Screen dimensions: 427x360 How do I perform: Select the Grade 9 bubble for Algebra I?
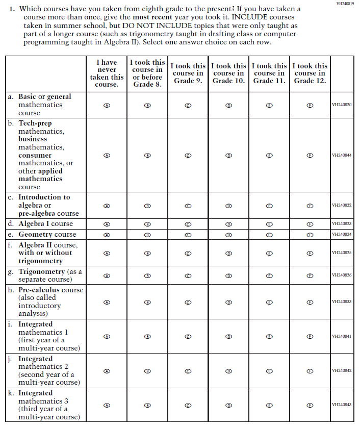point(188,224)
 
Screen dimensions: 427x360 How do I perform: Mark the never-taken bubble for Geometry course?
point(107,235)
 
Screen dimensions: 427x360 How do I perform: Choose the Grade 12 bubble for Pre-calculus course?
point(310,302)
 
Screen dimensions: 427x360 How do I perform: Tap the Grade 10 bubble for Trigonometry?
point(229,275)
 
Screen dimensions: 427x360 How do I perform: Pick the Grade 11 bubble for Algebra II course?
point(270,253)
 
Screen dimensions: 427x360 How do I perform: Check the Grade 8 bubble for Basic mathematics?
point(147,105)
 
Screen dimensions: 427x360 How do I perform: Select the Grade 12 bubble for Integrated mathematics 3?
point(310,405)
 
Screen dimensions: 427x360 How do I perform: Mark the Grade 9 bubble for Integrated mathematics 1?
point(188,337)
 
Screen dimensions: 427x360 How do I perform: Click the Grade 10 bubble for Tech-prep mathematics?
point(229,155)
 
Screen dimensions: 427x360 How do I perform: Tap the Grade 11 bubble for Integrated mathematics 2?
point(270,371)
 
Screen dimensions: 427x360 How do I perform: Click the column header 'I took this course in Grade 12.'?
point(310,73)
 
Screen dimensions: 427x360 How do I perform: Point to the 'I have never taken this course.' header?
point(107,73)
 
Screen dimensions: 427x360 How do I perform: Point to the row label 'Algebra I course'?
point(46,224)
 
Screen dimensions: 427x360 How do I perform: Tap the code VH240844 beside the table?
point(342,155)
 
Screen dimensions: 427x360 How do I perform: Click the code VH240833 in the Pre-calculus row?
point(342,302)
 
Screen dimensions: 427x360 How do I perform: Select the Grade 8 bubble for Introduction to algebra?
point(147,206)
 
